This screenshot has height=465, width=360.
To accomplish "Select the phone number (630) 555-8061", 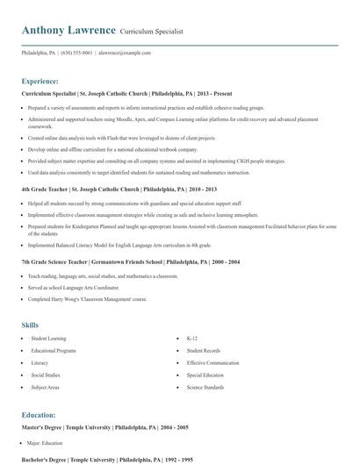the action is coord(76,53).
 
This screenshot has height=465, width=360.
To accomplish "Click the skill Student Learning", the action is coord(48,338).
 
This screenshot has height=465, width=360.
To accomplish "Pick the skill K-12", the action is coord(192,338).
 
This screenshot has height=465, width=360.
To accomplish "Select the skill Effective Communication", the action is coord(212,362).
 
